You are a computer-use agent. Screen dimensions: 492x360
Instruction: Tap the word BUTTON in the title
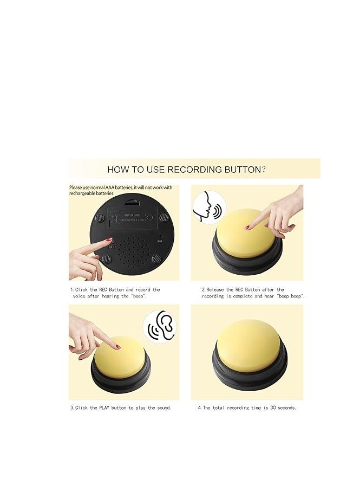pyautogui.click(x=244, y=169)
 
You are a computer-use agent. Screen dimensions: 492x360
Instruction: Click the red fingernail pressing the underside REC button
pyautogui.click(x=108, y=239)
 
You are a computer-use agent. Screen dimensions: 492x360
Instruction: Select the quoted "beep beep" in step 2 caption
pyautogui.click(x=291, y=296)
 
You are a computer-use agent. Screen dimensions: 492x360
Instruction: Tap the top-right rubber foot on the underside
pyautogui.click(x=163, y=217)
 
